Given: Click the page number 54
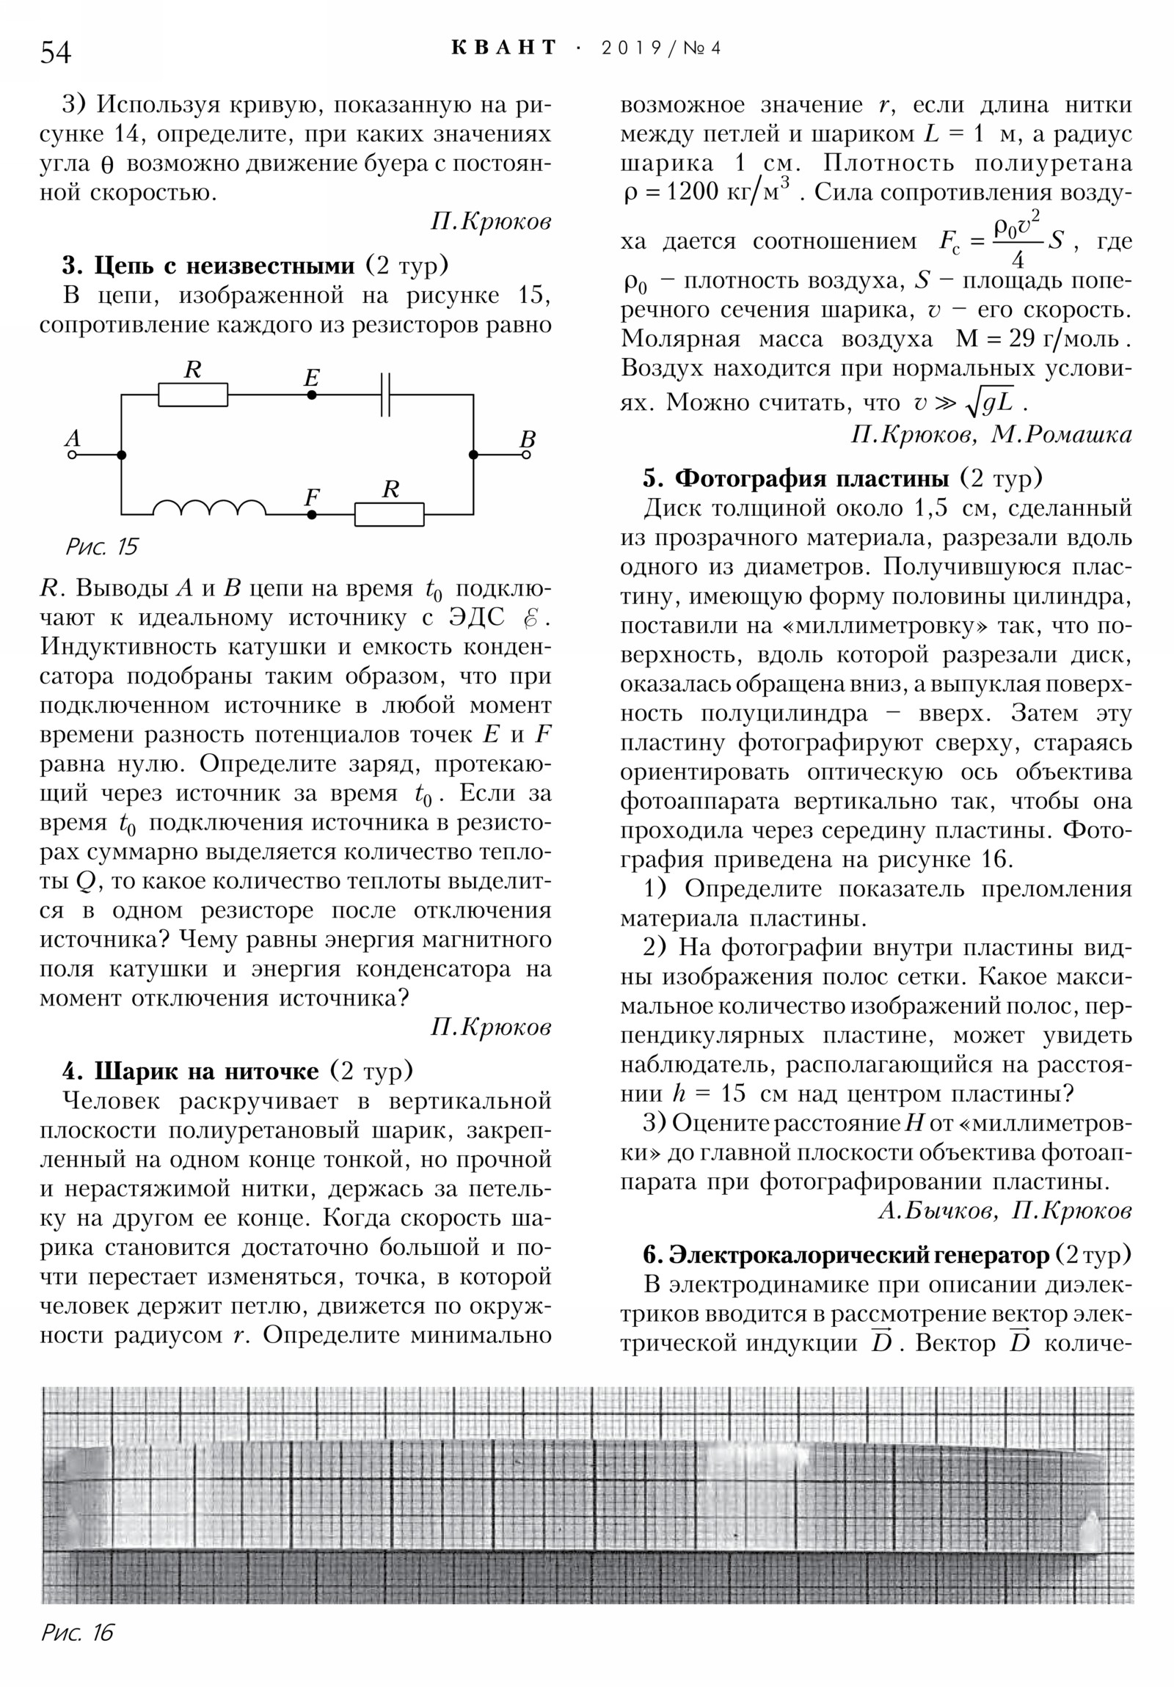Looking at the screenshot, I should (55, 52).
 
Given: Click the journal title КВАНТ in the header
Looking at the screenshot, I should (503, 48).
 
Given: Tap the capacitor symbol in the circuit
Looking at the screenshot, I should (385, 395).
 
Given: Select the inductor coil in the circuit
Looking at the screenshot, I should (210, 507).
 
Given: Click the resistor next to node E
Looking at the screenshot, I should (192, 395).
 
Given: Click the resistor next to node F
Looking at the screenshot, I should (389, 514).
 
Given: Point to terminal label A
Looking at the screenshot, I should (72, 438).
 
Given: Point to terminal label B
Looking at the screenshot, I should (527, 439).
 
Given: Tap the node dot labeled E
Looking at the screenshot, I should (312, 395).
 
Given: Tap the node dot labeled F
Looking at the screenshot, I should (312, 514).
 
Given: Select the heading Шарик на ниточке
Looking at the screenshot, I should (207, 1072).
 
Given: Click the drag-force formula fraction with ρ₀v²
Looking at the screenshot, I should (1018, 241).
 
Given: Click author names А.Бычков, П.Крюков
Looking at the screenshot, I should (1005, 1211).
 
